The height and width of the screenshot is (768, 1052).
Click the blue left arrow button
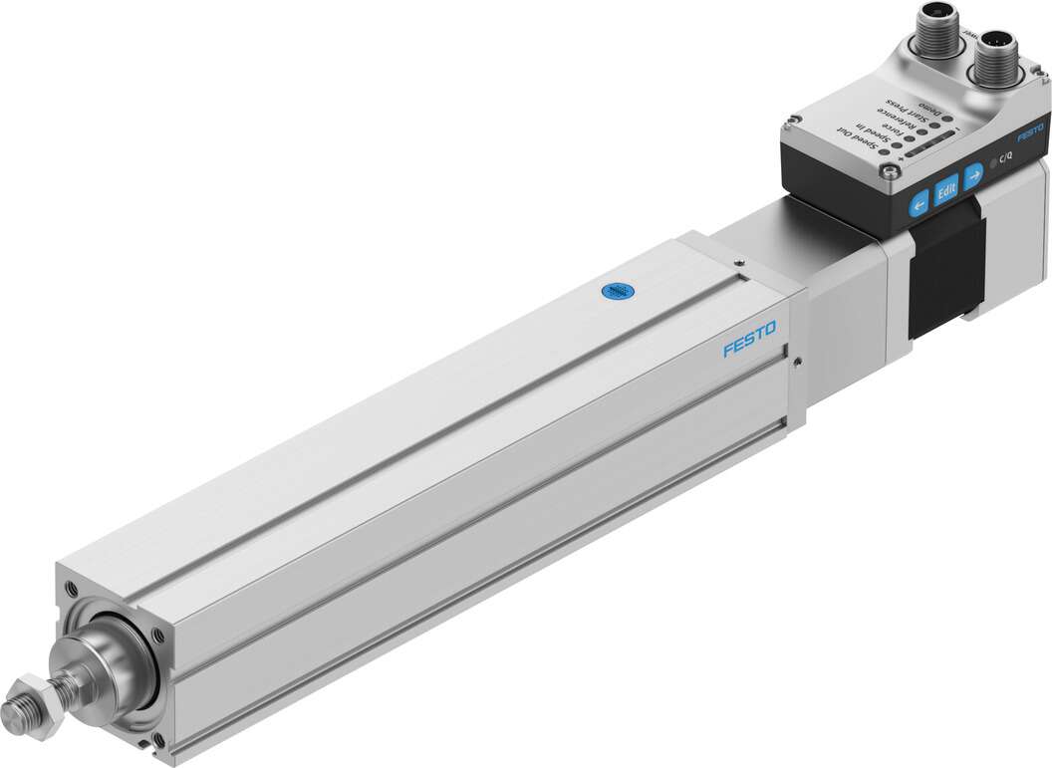[918, 202]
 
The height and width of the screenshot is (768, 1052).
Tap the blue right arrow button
[973, 173]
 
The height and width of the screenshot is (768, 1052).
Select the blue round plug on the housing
[616, 291]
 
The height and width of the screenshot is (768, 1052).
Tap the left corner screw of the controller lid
[792, 123]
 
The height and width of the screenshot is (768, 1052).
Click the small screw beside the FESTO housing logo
[796, 363]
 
